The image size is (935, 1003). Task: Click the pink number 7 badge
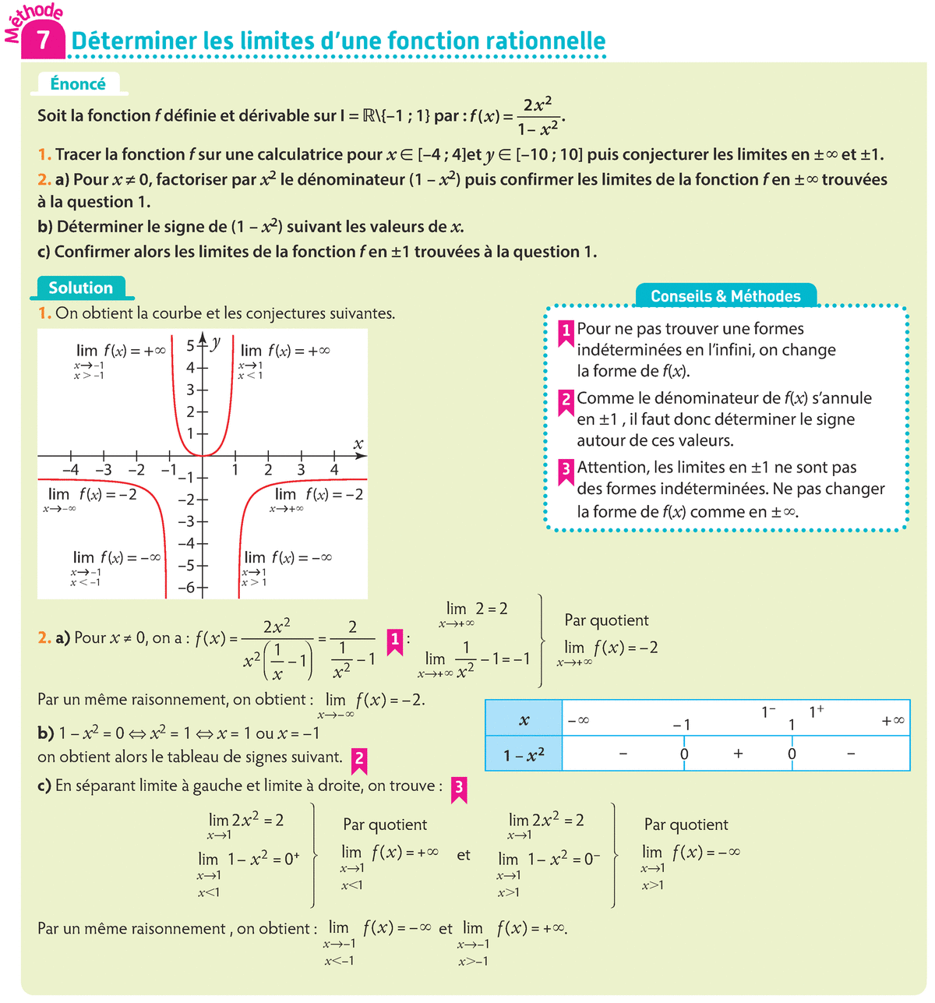click(x=43, y=40)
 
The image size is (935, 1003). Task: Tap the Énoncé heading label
click(x=77, y=84)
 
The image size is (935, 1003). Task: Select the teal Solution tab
click(x=80, y=288)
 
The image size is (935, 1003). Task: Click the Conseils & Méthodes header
click(x=725, y=296)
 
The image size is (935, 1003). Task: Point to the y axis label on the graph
click(x=216, y=341)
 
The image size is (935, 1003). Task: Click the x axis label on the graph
click(x=358, y=444)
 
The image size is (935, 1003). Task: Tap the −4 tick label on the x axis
click(x=70, y=470)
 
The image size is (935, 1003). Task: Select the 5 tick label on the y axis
click(x=190, y=346)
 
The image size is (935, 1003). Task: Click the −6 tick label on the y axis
click(x=186, y=588)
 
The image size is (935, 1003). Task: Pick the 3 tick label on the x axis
click(x=301, y=470)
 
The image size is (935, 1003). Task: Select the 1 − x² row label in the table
click(x=524, y=754)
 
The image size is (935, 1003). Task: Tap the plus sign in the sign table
click(x=738, y=754)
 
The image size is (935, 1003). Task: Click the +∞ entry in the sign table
click(x=893, y=721)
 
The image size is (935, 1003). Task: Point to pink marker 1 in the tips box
click(x=566, y=330)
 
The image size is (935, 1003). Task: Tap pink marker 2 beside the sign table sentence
click(x=359, y=758)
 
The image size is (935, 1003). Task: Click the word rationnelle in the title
click(x=545, y=41)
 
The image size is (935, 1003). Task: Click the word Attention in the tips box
click(x=612, y=468)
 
